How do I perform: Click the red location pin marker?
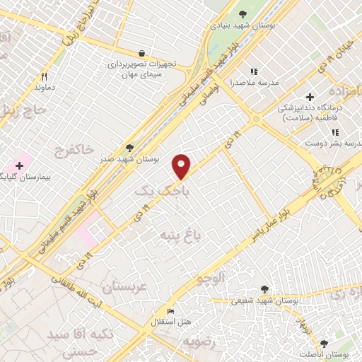pyautogui.click(x=182, y=165)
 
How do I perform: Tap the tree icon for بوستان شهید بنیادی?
pyautogui.click(x=243, y=13)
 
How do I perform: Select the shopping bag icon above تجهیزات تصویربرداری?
pyautogui.click(x=142, y=53)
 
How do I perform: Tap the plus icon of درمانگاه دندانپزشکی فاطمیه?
pyautogui.click(x=309, y=96)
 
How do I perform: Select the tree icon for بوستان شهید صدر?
pyautogui.click(x=129, y=148)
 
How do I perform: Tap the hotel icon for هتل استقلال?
pyautogui.click(x=170, y=312)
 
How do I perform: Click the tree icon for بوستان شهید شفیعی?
pyautogui.click(x=264, y=288)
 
